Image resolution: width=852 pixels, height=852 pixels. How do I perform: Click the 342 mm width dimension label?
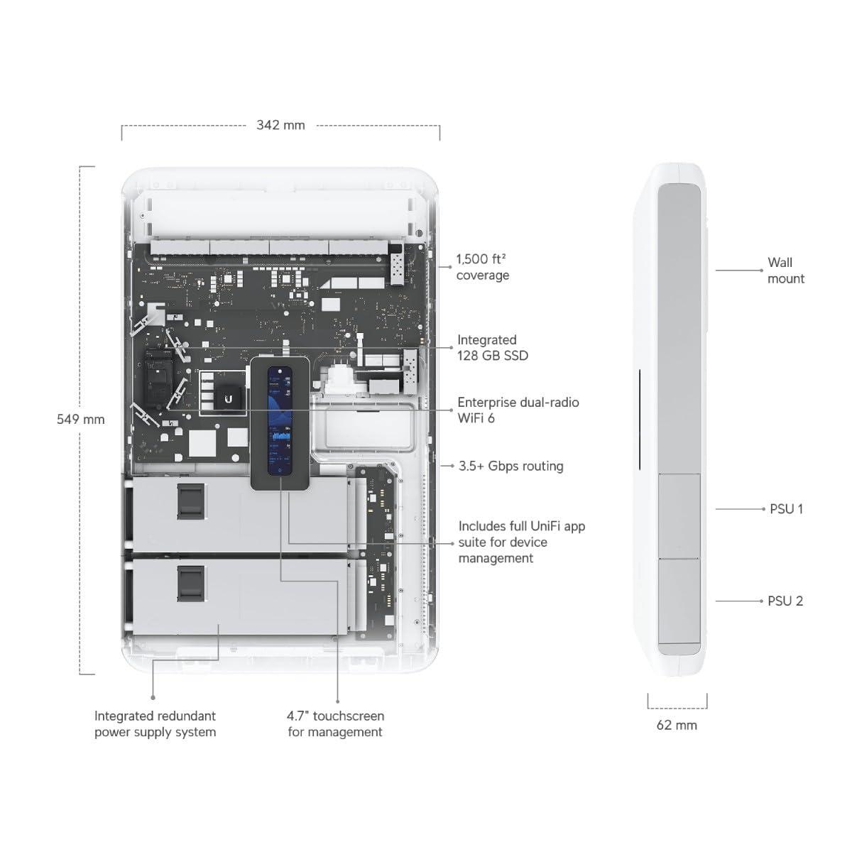pyautogui.click(x=280, y=125)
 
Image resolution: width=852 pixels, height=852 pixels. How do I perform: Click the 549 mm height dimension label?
pyautogui.click(x=81, y=419)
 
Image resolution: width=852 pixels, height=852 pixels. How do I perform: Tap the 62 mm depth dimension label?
pyautogui.click(x=677, y=725)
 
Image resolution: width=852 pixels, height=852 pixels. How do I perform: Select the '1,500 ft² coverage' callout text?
pyautogui.click(x=483, y=268)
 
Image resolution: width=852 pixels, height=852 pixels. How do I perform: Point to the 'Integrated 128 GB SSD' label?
pyautogui.click(x=493, y=348)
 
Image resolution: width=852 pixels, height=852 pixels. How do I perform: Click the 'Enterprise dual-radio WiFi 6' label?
pyautogui.click(x=518, y=410)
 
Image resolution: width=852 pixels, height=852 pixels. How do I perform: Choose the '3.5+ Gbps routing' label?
pyautogui.click(x=511, y=466)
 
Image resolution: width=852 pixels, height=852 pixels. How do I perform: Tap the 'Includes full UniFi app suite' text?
pyautogui.click(x=522, y=542)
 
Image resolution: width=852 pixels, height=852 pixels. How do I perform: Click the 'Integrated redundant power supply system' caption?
pyautogui.click(x=155, y=723)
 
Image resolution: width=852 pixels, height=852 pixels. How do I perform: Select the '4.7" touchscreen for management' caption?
pyautogui.click(x=335, y=723)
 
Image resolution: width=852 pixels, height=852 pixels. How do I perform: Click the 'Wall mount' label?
pyautogui.click(x=786, y=271)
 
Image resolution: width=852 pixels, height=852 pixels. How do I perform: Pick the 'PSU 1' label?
pyautogui.click(x=787, y=509)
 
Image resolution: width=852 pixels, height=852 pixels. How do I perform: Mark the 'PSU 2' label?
pyautogui.click(x=785, y=601)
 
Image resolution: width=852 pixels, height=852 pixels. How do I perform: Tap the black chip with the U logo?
pyautogui.click(x=228, y=400)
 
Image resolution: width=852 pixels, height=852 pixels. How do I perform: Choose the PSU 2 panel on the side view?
pyautogui.click(x=679, y=600)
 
